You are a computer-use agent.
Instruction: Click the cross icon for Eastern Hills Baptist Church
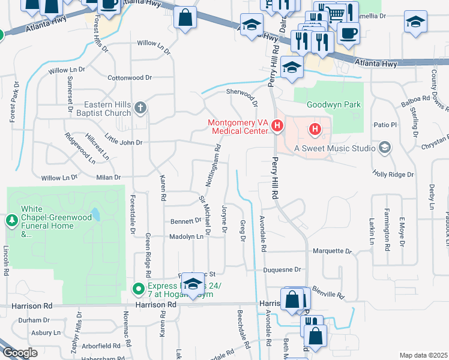point(140,108)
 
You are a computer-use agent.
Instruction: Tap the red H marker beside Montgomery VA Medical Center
point(277,126)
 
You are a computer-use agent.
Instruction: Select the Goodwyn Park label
point(334,104)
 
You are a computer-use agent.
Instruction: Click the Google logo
point(20,353)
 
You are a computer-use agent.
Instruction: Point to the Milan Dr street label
point(109,178)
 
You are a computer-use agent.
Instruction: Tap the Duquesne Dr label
point(282,271)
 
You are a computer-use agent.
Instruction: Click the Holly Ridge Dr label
point(393,175)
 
